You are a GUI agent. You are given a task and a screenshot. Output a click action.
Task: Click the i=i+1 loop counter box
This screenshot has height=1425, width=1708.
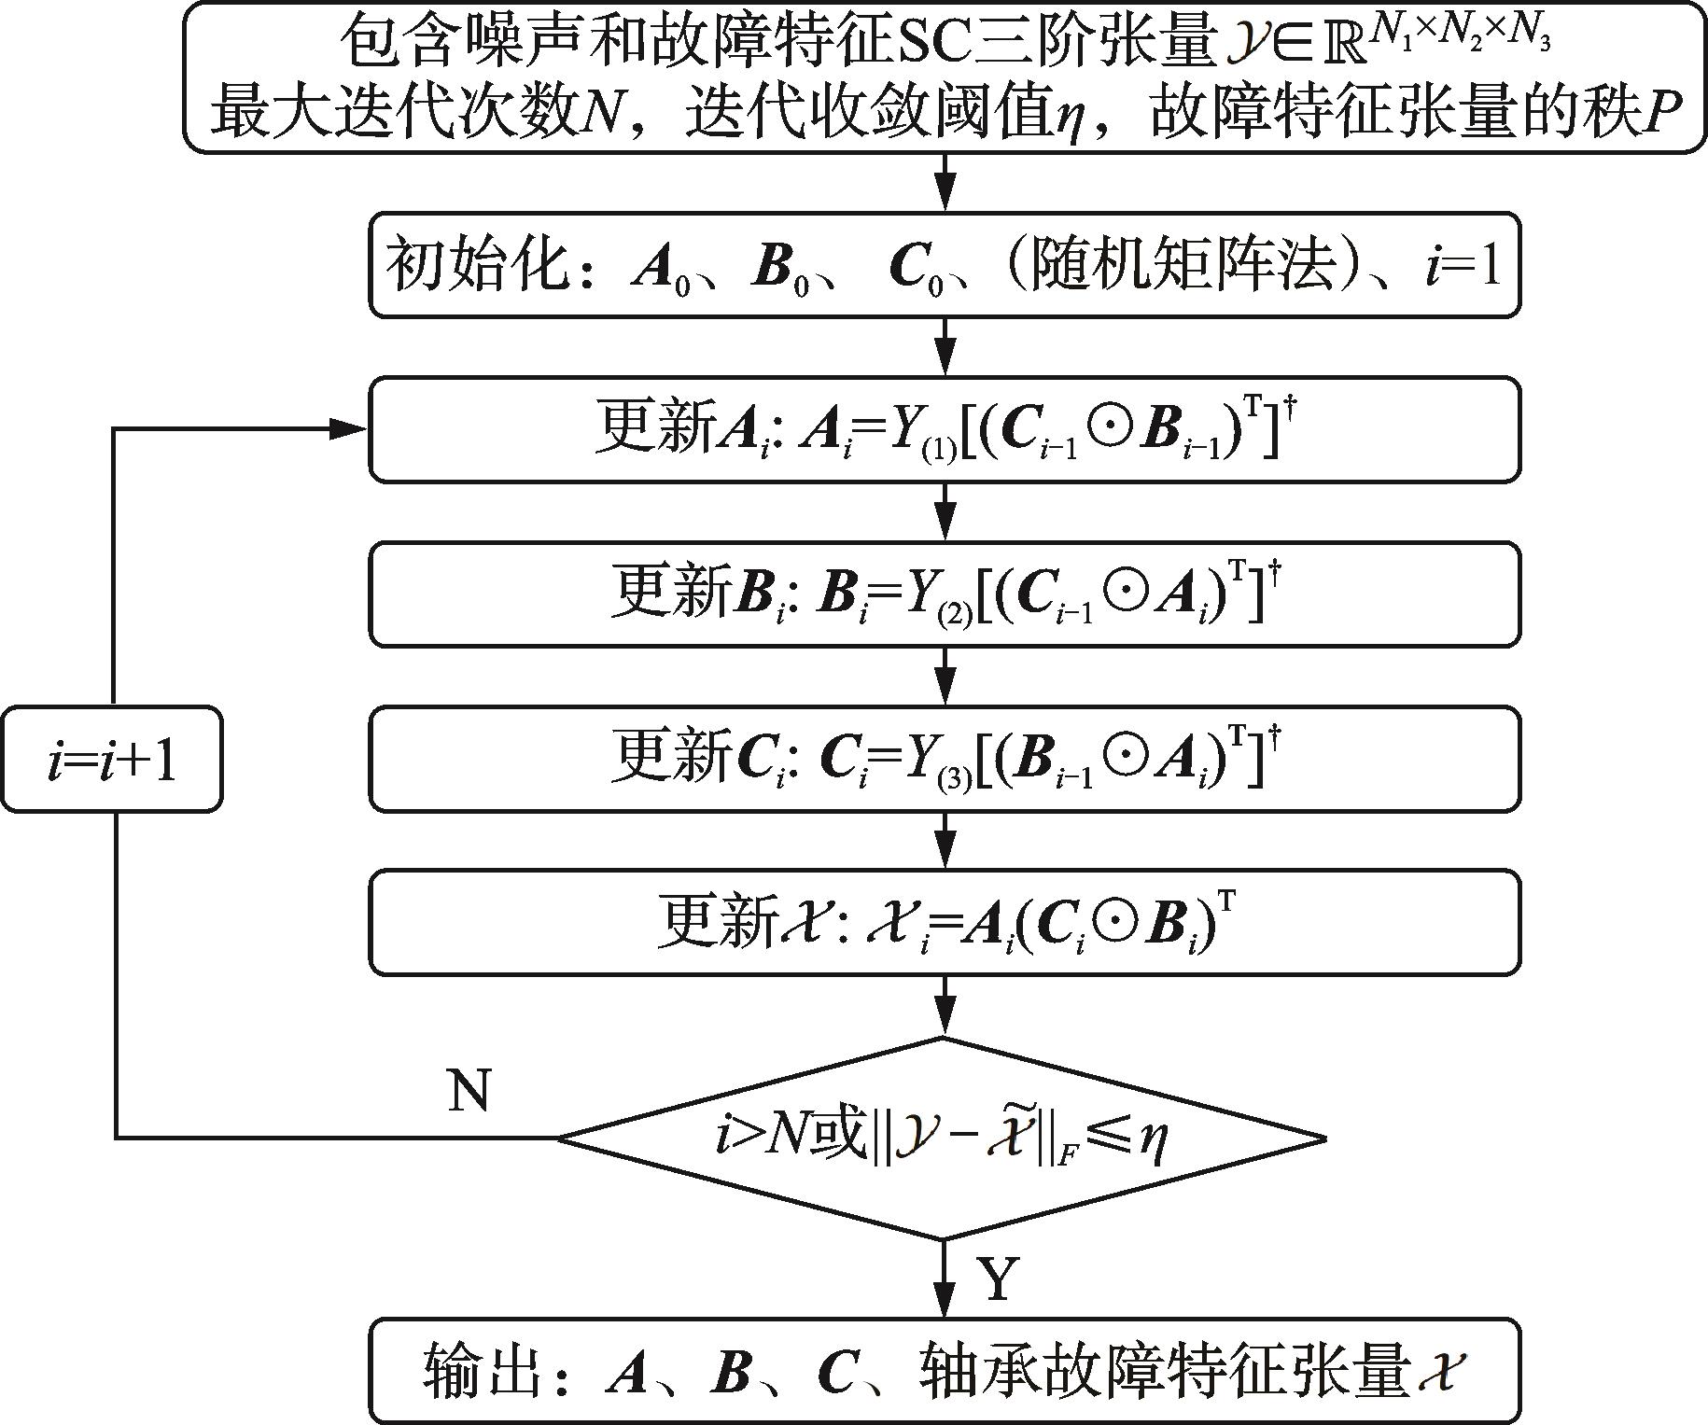tap(112, 759)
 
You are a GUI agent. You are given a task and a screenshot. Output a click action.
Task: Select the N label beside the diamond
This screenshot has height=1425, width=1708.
tap(469, 1089)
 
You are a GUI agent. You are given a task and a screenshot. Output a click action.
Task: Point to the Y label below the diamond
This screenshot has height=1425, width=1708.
tap(998, 1278)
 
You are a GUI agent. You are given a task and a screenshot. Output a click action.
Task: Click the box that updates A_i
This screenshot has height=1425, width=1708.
tap(945, 429)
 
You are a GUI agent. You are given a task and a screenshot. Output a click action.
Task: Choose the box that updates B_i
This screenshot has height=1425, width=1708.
tap(945, 594)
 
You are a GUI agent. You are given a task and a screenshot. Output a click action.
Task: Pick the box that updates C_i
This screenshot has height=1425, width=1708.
tap(945, 758)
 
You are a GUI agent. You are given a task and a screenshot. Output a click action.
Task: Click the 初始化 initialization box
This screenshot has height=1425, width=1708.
tap(945, 266)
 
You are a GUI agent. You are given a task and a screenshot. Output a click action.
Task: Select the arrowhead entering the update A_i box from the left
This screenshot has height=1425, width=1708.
tap(350, 429)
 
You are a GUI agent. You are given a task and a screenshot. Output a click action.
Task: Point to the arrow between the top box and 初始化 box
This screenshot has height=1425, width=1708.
tap(945, 183)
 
